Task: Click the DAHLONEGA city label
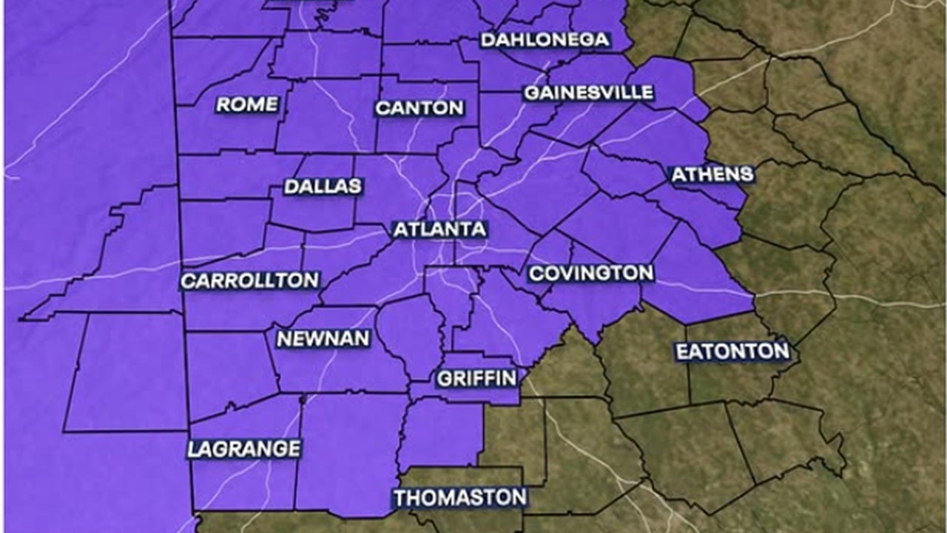point(545,40)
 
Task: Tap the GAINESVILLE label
point(589,93)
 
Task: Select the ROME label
point(247,105)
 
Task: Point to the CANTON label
point(419,108)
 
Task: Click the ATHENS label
point(712,175)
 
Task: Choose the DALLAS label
point(323,187)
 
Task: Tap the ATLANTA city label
point(439,229)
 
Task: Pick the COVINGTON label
point(591,273)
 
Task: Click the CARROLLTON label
point(250,281)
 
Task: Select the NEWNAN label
point(323,339)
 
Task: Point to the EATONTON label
point(732,352)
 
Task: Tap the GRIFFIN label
point(476,379)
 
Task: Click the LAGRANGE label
point(244,449)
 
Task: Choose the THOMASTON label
point(459,497)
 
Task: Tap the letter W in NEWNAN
point(320,339)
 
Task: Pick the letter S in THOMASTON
point(472,497)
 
